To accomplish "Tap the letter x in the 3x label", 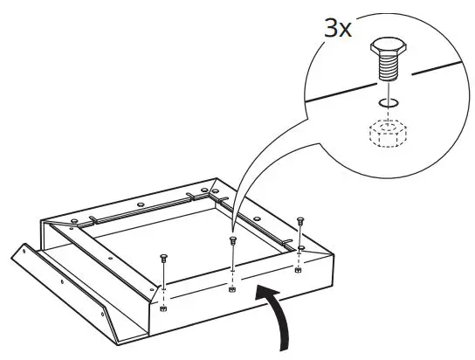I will pos(347,30).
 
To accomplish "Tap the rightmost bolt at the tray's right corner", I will pos(300,220).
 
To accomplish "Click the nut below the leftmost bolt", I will pos(165,309).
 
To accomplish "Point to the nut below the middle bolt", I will pos(231,288).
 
